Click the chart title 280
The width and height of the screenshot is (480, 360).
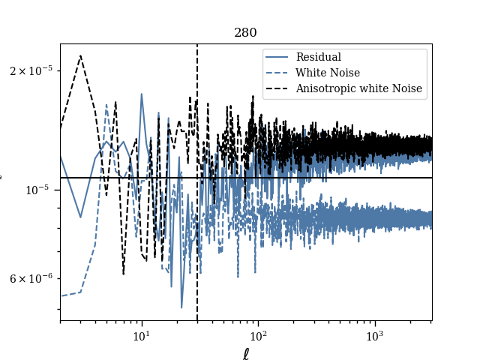245,33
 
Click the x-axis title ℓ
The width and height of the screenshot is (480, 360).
245,354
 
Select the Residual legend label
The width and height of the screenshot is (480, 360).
318,57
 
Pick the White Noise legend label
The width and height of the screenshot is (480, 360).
327,73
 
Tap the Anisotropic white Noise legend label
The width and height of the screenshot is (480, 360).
358,88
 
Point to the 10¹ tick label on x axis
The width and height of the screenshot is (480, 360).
141,335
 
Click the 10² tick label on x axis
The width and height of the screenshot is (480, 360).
258,335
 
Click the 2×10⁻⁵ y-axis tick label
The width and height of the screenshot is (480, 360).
31,70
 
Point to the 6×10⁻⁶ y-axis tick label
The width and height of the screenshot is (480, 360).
31,278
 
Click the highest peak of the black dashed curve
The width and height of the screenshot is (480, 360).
80,55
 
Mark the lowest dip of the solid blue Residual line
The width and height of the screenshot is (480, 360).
181,307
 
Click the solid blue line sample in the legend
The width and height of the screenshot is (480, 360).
277,57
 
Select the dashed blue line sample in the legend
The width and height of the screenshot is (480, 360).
277,73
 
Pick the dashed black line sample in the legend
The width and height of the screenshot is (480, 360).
277,88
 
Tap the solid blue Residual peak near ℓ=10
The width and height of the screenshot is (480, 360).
142,94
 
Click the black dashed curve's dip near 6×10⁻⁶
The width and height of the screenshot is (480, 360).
123,274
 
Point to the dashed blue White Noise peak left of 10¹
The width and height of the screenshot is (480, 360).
106,104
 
